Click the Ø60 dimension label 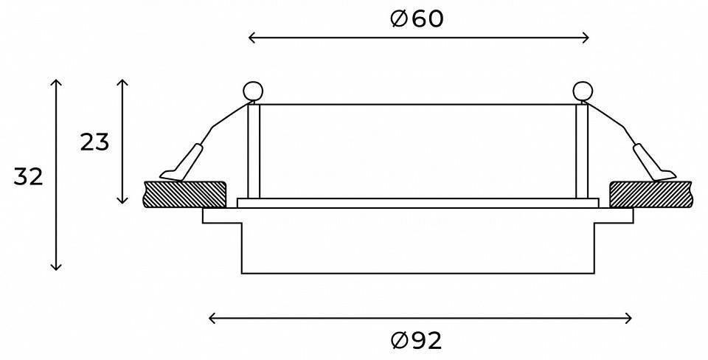pyautogui.click(x=417, y=19)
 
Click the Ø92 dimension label pyautogui.click(x=417, y=340)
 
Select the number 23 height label pyautogui.click(x=94, y=142)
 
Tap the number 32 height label pyautogui.click(x=29, y=177)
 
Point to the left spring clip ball pyautogui.click(x=253, y=91)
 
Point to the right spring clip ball pyautogui.click(x=583, y=91)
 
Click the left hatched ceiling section pyautogui.click(x=185, y=194)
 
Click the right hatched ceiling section pyautogui.click(x=650, y=194)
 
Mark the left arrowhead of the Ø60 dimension pyautogui.click(x=251, y=38)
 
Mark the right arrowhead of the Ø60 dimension pyautogui.click(x=587, y=38)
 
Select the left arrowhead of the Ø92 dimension pyautogui.click(x=212, y=318)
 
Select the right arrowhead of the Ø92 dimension pyautogui.click(x=630, y=318)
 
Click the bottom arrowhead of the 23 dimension pyautogui.click(x=123, y=201)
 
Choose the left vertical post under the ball pyautogui.click(x=253, y=151)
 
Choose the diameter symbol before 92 pyautogui.click(x=399, y=340)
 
